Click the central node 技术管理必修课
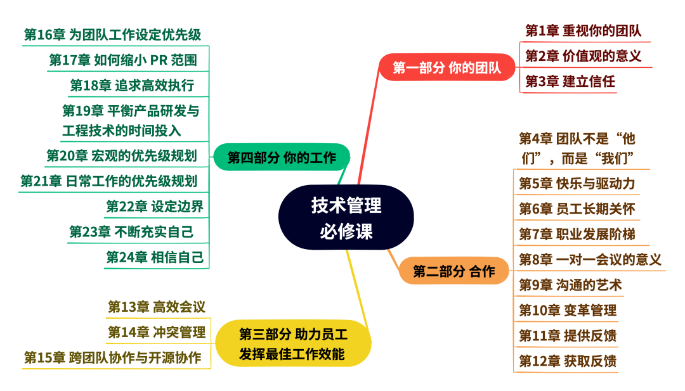pos(346,217)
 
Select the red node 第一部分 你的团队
pos(447,68)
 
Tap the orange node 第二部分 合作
pos(453,272)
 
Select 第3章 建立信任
pos(570,81)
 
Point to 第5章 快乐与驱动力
pos(577,184)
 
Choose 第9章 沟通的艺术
pos(570,285)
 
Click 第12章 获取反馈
pos(567,361)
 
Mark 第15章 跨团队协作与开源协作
pos(113,357)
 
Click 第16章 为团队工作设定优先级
pos(112,34)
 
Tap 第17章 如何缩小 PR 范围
pos(123,60)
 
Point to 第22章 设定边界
pos(154,207)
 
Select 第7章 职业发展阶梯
pos(577,234)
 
